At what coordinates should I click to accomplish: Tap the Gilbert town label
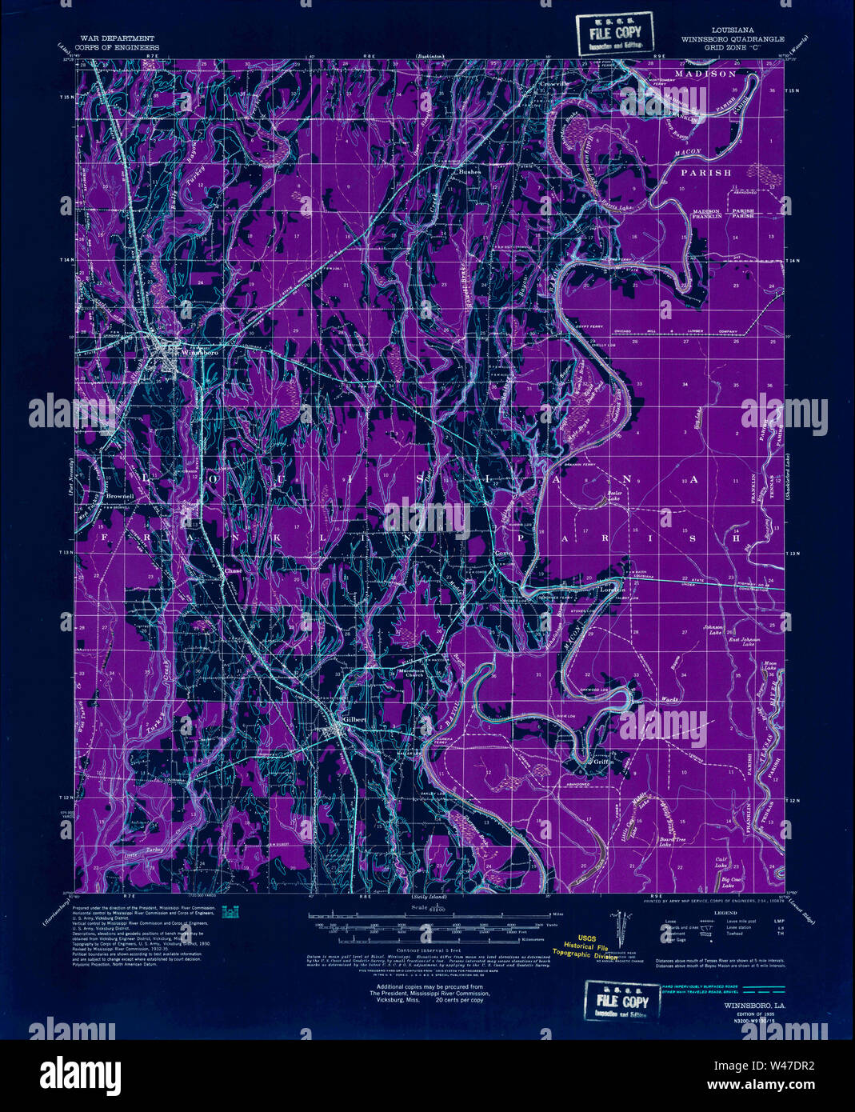coord(354,719)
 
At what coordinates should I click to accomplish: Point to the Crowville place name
coord(553,83)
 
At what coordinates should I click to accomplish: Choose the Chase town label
coord(233,571)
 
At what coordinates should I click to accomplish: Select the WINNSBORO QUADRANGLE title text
coord(732,38)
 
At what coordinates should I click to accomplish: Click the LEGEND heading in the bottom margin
coord(725,912)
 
